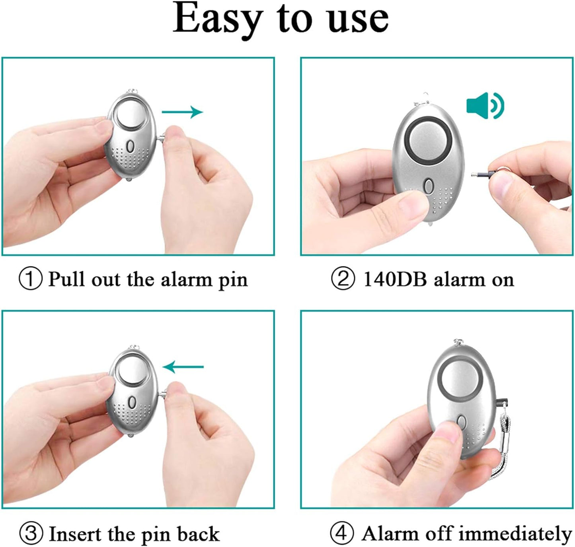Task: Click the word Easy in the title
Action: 217,20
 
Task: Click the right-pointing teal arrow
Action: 182,112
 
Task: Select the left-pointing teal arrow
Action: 183,367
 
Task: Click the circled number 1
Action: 31,279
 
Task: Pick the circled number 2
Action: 343,279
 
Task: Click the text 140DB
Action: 395,279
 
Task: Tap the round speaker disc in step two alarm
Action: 429,141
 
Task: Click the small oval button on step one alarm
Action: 131,146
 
